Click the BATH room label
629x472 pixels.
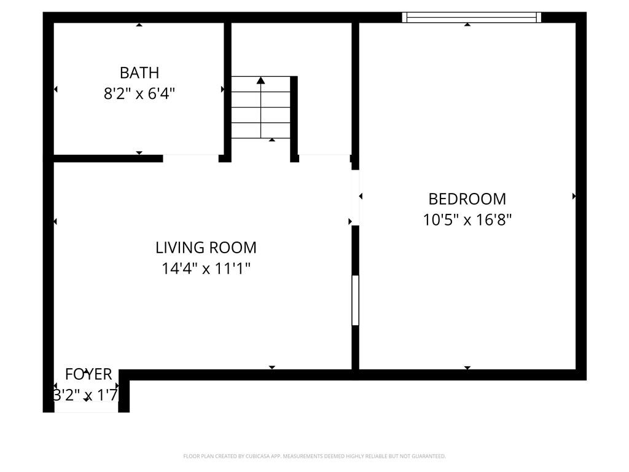point(139,73)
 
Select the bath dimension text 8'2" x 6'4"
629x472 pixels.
point(139,94)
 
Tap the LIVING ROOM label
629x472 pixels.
point(206,248)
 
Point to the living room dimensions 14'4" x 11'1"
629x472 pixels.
point(206,269)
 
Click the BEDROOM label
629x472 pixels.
point(467,199)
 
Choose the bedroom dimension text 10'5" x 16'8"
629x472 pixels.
point(467,219)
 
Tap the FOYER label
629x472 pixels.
point(88,374)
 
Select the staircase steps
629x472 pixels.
point(260,108)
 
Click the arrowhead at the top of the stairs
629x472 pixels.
point(261,80)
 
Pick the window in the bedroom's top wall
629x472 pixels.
point(471,17)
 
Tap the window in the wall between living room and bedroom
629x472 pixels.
point(355,300)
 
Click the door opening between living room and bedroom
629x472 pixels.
point(355,197)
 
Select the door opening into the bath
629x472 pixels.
point(190,158)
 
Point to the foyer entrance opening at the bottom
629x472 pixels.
point(86,411)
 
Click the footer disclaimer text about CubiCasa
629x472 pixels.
point(314,456)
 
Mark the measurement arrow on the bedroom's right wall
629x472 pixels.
point(574,196)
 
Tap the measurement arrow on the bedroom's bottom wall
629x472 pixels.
point(467,368)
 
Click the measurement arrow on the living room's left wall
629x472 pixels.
point(55,221)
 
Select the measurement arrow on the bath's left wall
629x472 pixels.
point(55,89)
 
